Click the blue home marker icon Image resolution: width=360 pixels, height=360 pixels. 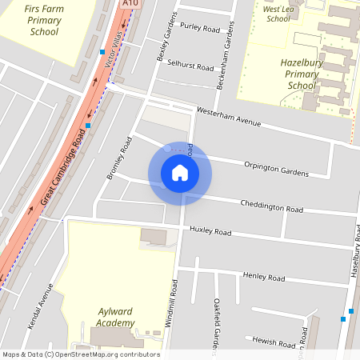(180, 172)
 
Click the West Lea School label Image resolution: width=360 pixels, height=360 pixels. (279, 13)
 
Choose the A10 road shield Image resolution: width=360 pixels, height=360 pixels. (130, 4)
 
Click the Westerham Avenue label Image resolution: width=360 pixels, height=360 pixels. (230, 116)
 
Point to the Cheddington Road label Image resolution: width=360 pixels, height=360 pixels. (272, 205)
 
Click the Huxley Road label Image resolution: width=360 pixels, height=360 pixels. (210, 232)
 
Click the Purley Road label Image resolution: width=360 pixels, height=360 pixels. (200, 28)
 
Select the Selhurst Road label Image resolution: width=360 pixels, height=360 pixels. (190, 66)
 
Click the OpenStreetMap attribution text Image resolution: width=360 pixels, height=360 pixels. (80, 354)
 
